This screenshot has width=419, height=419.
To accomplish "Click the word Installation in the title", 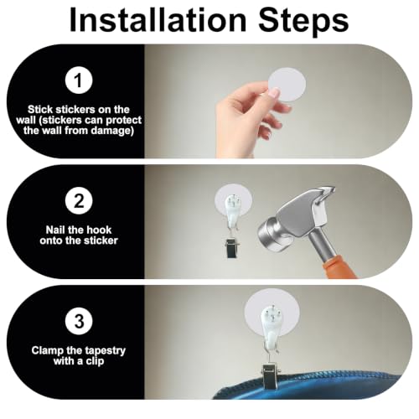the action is [x=158, y=19].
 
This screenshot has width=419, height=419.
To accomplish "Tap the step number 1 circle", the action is [x=79, y=80].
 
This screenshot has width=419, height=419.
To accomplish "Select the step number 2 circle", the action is [x=79, y=200].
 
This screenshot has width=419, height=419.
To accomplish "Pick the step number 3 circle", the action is [x=79, y=321].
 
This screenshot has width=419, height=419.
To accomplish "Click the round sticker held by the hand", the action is [x=287, y=85].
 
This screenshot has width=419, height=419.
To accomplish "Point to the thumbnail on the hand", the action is [x=274, y=92].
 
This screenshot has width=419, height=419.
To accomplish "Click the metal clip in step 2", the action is [x=232, y=247].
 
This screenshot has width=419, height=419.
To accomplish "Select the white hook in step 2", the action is [x=232, y=211].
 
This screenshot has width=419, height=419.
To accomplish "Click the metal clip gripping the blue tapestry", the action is [x=271, y=376].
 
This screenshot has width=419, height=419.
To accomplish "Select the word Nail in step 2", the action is [x=55, y=230].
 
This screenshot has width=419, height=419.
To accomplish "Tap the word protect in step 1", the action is [x=125, y=121].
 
